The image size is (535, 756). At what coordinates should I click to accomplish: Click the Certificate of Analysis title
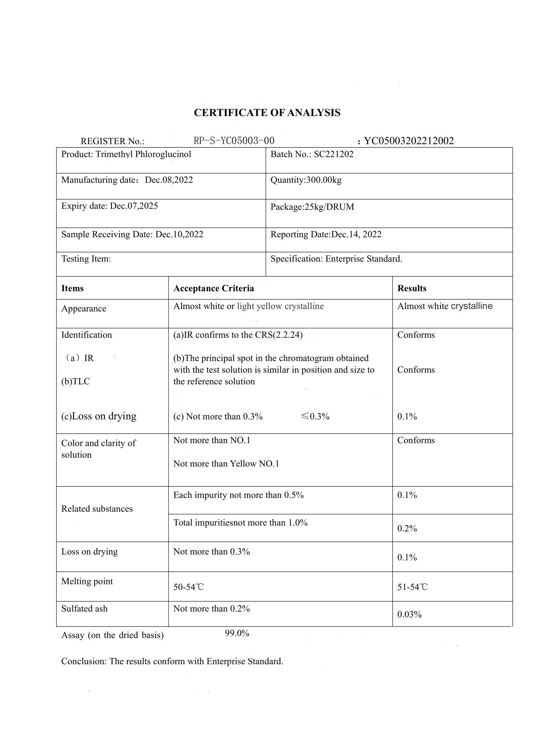coord(267,112)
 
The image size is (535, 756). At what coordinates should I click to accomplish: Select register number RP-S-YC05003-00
coord(234,141)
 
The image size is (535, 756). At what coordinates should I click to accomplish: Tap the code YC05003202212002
coord(409,141)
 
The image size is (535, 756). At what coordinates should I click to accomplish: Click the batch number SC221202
coord(333,154)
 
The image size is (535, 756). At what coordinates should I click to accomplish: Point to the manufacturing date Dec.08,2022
coord(169,180)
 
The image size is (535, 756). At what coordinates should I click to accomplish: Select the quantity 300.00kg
coord(324,180)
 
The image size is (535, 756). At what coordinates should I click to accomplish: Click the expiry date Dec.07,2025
coord(134,206)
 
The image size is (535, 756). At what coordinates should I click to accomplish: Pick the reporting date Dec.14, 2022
coord(356,234)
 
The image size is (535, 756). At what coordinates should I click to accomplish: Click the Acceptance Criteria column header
coord(213,288)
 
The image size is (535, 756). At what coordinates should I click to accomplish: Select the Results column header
coord(412,288)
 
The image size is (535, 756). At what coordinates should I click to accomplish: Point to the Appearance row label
coord(84,309)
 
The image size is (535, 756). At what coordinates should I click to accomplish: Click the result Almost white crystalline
coord(445,306)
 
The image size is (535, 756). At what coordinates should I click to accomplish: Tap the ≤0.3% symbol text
coord(315,417)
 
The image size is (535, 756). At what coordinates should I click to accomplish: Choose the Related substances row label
coord(97,509)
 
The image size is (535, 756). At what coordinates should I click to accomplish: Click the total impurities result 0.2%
coord(407,528)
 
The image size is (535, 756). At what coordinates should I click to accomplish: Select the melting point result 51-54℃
coord(412,587)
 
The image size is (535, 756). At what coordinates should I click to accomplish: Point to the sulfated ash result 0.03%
coord(409,614)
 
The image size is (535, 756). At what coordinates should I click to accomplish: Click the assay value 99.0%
coord(237,633)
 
